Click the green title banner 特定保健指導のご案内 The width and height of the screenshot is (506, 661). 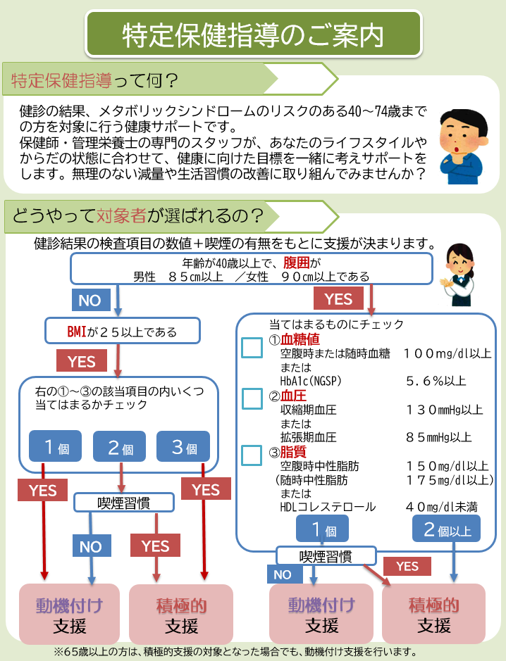coord(253,33)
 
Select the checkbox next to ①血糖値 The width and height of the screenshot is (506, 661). coord(252,348)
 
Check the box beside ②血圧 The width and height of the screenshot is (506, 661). coord(252,400)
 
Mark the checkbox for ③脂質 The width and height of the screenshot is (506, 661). coord(252,454)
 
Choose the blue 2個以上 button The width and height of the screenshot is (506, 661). coord(446,530)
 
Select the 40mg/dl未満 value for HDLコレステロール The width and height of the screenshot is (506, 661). coord(442,507)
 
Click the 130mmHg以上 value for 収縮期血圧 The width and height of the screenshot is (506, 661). coord(444,410)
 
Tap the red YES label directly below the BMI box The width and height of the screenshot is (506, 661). coord(81,361)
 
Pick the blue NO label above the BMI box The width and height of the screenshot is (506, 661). coord(90,301)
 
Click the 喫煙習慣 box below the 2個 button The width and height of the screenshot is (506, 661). coord(123,503)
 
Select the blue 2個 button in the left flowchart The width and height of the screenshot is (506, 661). coord(119,447)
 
